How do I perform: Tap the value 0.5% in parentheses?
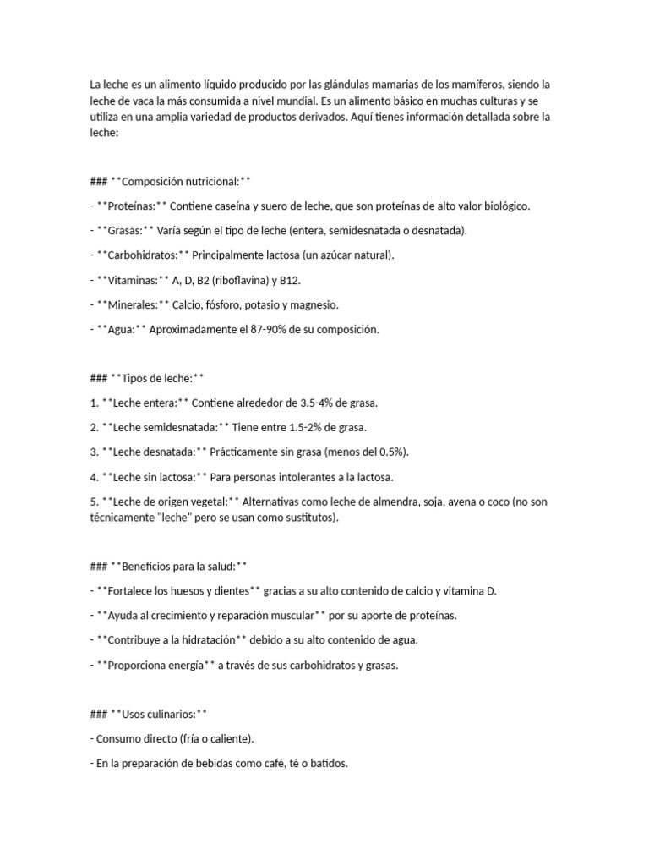[388, 452]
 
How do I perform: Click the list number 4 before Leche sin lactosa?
[93, 477]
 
